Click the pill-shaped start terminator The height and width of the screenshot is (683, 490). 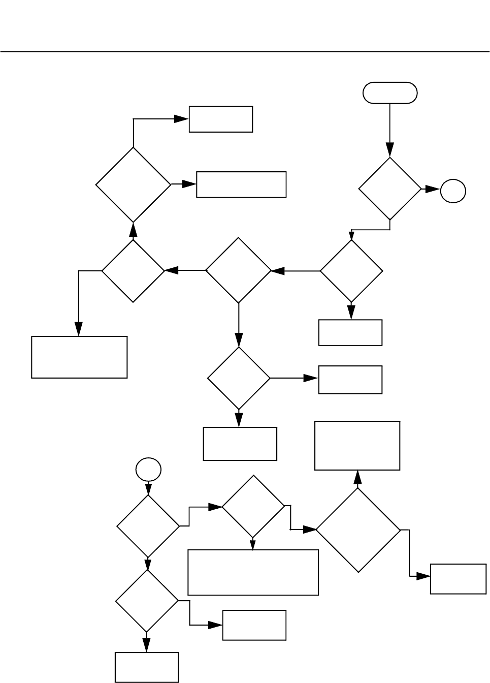point(390,93)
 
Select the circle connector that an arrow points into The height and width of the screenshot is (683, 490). point(452,191)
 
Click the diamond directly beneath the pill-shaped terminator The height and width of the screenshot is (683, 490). point(390,189)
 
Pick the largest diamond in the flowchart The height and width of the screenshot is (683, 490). point(358,530)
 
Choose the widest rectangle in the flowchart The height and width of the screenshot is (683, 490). point(253,572)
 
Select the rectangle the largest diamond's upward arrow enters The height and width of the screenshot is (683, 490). point(357,445)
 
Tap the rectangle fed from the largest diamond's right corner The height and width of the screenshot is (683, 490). point(457,578)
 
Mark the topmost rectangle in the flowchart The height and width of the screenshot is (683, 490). point(220,119)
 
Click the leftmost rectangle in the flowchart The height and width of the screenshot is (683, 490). point(79,357)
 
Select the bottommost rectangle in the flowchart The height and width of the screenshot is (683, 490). point(147,667)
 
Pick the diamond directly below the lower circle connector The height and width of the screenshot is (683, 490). point(148,526)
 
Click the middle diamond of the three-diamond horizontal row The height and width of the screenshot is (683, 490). point(239,270)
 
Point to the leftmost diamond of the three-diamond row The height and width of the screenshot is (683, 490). point(134,271)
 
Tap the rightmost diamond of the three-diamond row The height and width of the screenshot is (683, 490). point(351,271)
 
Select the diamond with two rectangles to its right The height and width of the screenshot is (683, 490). point(133,184)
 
